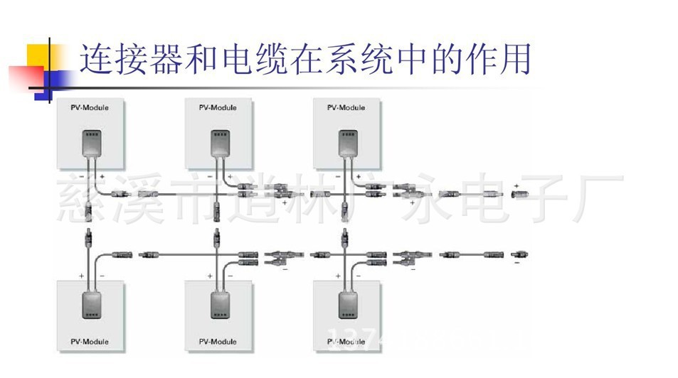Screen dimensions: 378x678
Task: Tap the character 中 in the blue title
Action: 411,60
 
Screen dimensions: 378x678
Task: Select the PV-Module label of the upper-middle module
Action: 218,108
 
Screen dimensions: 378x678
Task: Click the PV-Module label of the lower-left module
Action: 90,342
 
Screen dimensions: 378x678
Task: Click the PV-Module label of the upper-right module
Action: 346,108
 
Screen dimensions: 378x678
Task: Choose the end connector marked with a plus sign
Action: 518,193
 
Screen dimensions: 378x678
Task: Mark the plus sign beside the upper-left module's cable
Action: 102,175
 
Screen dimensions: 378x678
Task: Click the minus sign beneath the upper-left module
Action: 81,175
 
